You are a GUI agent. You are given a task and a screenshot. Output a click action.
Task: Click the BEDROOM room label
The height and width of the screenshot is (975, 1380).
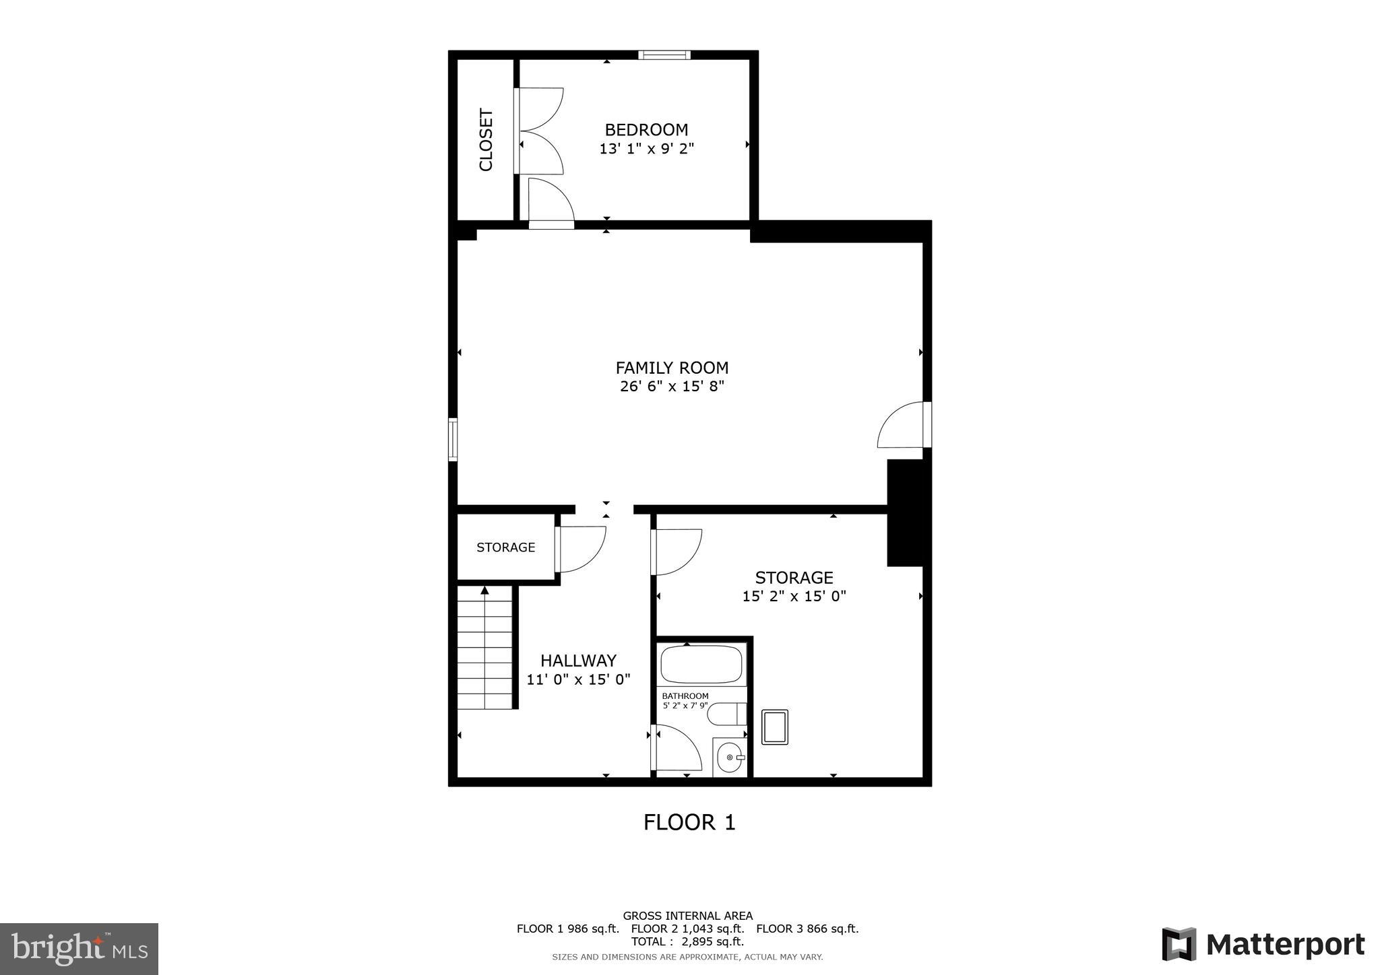[x=646, y=129]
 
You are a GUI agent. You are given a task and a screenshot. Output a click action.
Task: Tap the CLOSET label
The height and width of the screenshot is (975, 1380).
[x=486, y=139]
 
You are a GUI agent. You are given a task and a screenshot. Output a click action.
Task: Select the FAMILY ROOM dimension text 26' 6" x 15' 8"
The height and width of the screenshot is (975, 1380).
[x=672, y=386]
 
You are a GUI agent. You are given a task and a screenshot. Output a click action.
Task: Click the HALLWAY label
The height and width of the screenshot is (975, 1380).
[x=578, y=661]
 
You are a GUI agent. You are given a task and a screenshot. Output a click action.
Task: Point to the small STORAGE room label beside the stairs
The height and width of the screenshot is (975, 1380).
[x=505, y=547]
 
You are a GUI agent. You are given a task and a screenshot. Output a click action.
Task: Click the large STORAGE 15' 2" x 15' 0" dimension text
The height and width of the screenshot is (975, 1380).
[x=794, y=596]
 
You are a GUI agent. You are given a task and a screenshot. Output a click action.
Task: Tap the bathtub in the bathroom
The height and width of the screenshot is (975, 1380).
[x=701, y=665]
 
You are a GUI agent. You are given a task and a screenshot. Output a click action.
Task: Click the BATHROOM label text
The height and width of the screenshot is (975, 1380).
[x=685, y=696]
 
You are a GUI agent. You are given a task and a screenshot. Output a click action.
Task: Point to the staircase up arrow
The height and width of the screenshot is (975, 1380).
[x=484, y=591]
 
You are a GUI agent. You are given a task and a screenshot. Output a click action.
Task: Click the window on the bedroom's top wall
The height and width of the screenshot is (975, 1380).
[x=664, y=55]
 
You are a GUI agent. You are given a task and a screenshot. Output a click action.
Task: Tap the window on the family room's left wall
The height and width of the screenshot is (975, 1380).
[x=453, y=440]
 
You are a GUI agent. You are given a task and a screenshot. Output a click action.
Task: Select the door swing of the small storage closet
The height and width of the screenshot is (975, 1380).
[x=581, y=548]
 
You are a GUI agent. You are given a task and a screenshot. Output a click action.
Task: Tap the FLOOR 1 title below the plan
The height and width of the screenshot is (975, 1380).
[x=689, y=822]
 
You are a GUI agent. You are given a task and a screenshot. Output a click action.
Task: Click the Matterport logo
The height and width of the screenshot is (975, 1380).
[x=1263, y=945]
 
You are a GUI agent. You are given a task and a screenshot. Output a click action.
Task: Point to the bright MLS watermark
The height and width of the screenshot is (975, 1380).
[x=79, y=949]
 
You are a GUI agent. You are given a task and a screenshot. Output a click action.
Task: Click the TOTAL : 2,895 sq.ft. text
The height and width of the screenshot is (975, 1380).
[x=687, y=941]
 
